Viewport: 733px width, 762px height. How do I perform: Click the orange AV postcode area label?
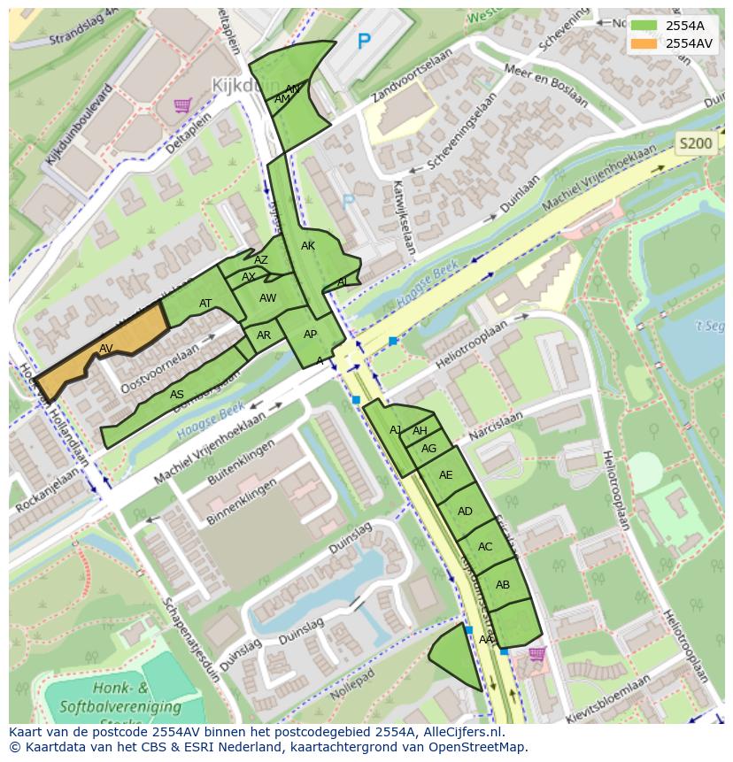tap(106, 348)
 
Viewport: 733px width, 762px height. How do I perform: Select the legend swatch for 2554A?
tap(644, 26)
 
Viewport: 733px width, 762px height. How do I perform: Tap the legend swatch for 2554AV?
tap(644, 43)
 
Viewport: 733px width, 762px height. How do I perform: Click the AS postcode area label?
tap(177, 395)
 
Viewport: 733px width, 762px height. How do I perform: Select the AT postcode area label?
tap(205, 304)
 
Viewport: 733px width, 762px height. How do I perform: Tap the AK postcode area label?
tap(307, 246)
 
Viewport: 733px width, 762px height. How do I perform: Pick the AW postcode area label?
tap(268, 298)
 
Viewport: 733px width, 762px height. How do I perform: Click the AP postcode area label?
tap(310, 335)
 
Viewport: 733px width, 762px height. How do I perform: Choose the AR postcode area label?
tap(264, 335)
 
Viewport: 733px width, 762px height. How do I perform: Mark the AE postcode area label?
tap(445, 475)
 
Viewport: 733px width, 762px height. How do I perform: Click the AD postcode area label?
tap(465, 512)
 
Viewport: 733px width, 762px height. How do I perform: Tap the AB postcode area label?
tap(503, 585)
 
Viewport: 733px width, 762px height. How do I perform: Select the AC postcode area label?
tap(484, 547)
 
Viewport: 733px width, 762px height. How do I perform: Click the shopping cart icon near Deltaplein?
tap(183, 105)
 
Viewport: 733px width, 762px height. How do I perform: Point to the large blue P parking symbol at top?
tap(363, 41)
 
